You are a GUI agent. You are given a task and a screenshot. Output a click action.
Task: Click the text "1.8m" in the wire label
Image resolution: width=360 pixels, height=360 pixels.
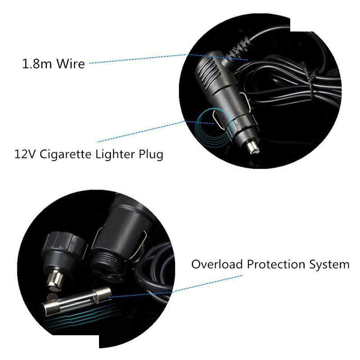[x=37, y=63]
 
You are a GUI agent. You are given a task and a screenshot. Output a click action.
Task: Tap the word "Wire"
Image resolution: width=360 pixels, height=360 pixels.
[x=71, y=63]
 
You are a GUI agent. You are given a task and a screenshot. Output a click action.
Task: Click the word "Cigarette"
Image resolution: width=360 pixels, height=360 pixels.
[x=65, y=154]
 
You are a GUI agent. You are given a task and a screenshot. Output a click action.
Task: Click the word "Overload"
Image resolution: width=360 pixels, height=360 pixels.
[x=217, y=264]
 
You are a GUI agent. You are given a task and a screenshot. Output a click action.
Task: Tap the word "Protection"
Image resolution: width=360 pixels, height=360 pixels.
[x=276, y=264]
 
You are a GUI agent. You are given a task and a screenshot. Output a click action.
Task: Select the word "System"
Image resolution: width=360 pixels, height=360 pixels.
[x=329, y=265]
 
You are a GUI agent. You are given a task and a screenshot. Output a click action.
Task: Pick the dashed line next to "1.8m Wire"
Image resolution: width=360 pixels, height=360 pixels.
[x=168, y=58]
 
